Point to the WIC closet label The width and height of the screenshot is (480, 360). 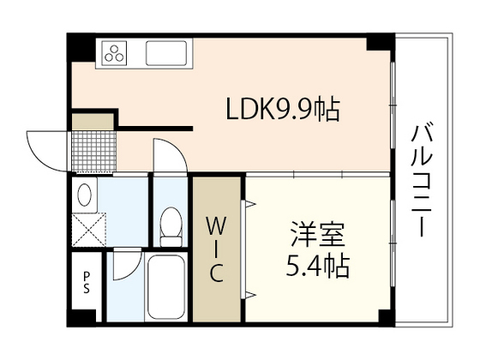pyautogui.click(x=218, y=250)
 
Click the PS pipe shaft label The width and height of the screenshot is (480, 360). pyautogui.click(x=86, y=281)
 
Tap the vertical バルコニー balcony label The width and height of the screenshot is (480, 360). pyautogui.click(x=421, y=180)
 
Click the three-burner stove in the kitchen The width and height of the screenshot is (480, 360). pyautogui.click(x=115, y=53)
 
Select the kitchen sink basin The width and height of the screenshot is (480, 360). pyautogui.click(x=169, y=53)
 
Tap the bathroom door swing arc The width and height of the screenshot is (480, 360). pyautogui.click(x=125, y=262)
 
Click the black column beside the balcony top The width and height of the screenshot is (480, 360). pyautogui.click(x=380, y=40)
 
